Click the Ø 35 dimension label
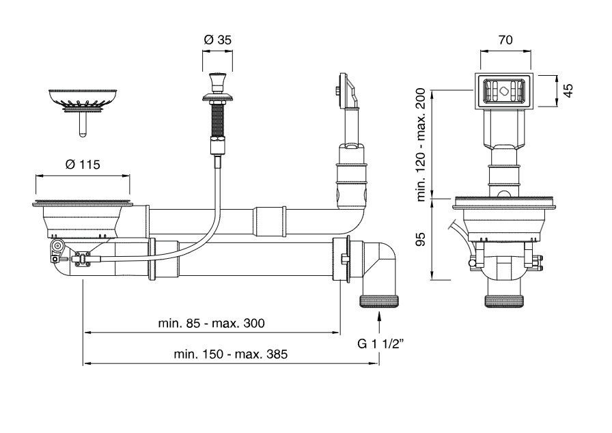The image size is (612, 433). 218,40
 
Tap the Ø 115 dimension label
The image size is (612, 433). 82,165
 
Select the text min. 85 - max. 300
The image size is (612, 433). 211,323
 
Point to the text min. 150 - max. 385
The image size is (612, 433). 231,354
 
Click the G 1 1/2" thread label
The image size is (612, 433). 380,344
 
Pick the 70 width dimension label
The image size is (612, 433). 505,40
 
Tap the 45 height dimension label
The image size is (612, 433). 567,90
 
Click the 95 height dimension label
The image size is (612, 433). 421,238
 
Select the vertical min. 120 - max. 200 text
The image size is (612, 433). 421,144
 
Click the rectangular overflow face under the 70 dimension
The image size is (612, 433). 505,91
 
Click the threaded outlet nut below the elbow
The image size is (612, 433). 379,301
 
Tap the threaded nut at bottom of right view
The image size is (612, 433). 505,301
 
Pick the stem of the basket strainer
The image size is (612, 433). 83,125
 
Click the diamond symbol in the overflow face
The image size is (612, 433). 505,91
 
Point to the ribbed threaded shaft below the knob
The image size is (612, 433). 218,119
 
